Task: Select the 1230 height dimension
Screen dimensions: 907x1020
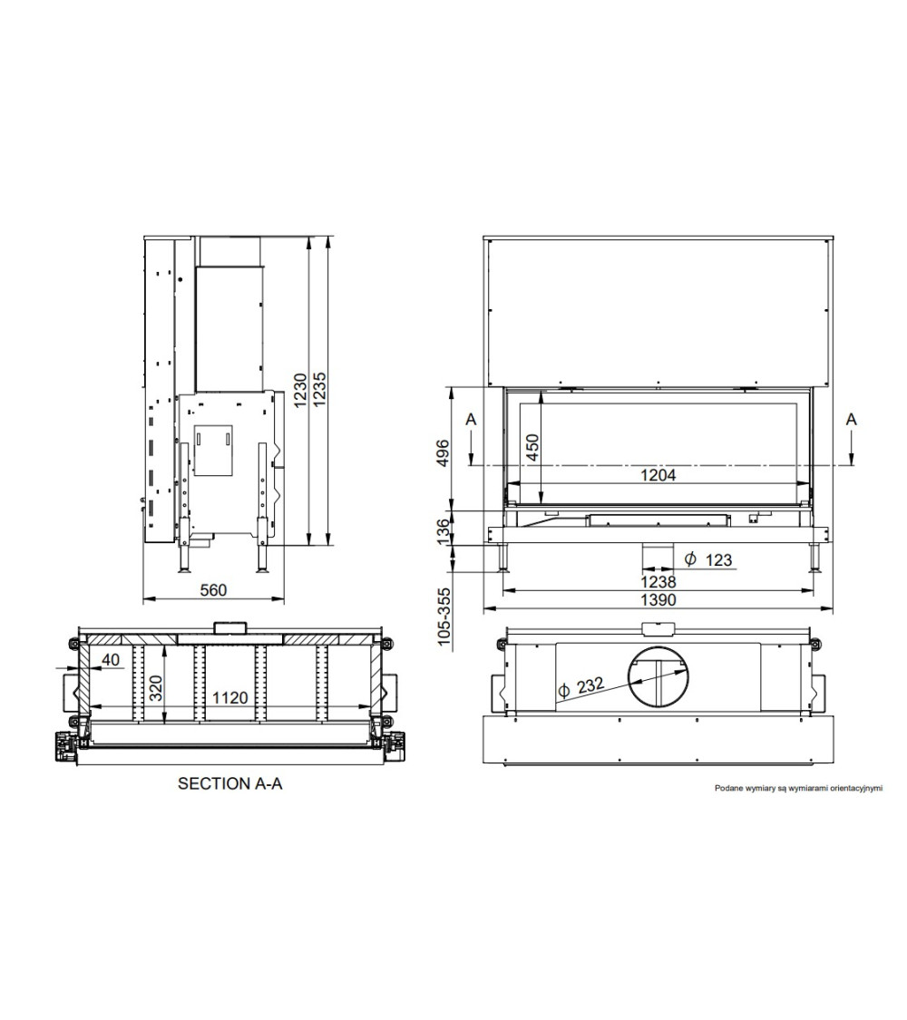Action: (x=300, y=390)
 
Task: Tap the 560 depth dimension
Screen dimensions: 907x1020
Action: (x=213, y=590)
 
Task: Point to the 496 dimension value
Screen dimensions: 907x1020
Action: (x=443, y=452)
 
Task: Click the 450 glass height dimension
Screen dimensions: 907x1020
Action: (x=532, y=448)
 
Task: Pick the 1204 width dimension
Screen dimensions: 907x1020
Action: (x=658, y=475)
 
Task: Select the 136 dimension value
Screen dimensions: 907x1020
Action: (x=443, y=530)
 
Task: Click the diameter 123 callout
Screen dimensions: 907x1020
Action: (x=708, y=559)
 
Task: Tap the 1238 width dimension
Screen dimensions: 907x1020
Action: (x=658, y=581)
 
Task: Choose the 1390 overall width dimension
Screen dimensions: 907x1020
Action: (x=658, y=600)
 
